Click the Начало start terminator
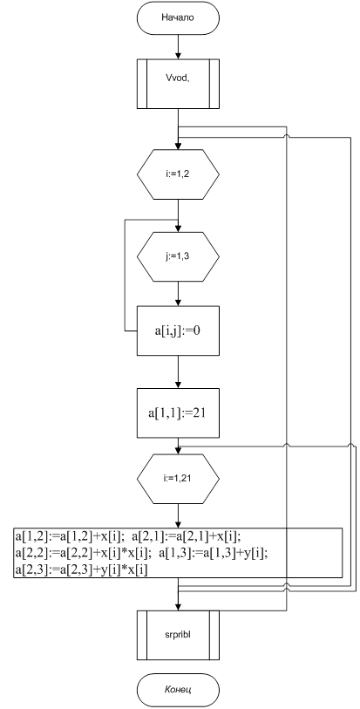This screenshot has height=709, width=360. (178, 18)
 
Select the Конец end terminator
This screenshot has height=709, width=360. (178, 690)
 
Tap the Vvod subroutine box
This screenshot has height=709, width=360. (178, 84)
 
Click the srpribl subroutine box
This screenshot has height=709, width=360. (178, 634)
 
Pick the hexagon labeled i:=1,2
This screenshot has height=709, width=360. (178, 174)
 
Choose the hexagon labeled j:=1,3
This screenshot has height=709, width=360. (178, 256)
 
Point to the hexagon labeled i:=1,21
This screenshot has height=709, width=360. (178, 479)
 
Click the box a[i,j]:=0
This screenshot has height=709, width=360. (178, 331)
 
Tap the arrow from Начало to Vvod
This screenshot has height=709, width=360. (179, 47)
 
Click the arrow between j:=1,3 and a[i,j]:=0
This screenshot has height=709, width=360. (179, 294)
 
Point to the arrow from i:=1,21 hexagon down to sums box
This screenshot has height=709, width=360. (179, 515)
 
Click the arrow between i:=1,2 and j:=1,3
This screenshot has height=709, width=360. (179, 215)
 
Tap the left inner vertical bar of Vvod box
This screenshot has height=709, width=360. (146, 84)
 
